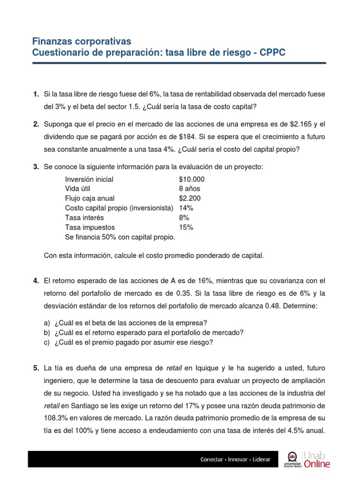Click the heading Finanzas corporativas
point(82,41)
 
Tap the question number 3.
point(36,167)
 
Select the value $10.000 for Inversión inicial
point(191,180)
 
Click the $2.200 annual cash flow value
point(189,198)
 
